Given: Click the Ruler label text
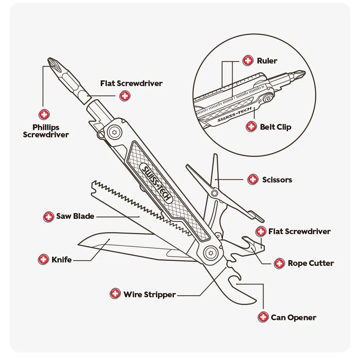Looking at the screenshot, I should (267, 61).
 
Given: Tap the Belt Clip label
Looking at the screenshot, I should (275, 127).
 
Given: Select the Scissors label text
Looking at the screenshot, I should (277, 179).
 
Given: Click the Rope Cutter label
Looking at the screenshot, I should (311, 263).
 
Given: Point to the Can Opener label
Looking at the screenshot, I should (293, 318).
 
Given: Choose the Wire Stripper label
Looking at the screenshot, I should (149, 295).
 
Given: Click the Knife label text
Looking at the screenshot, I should (62, 260).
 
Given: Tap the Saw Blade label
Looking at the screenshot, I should (75, 216).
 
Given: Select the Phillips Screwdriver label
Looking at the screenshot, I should (46, 131).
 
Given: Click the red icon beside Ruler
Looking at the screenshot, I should (248, 60).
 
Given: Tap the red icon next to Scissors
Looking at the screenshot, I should (253, 179).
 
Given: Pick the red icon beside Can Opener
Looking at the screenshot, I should (263, 317).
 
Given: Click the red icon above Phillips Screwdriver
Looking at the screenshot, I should (44, 114).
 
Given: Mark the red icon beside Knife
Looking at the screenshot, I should (43, 259).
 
